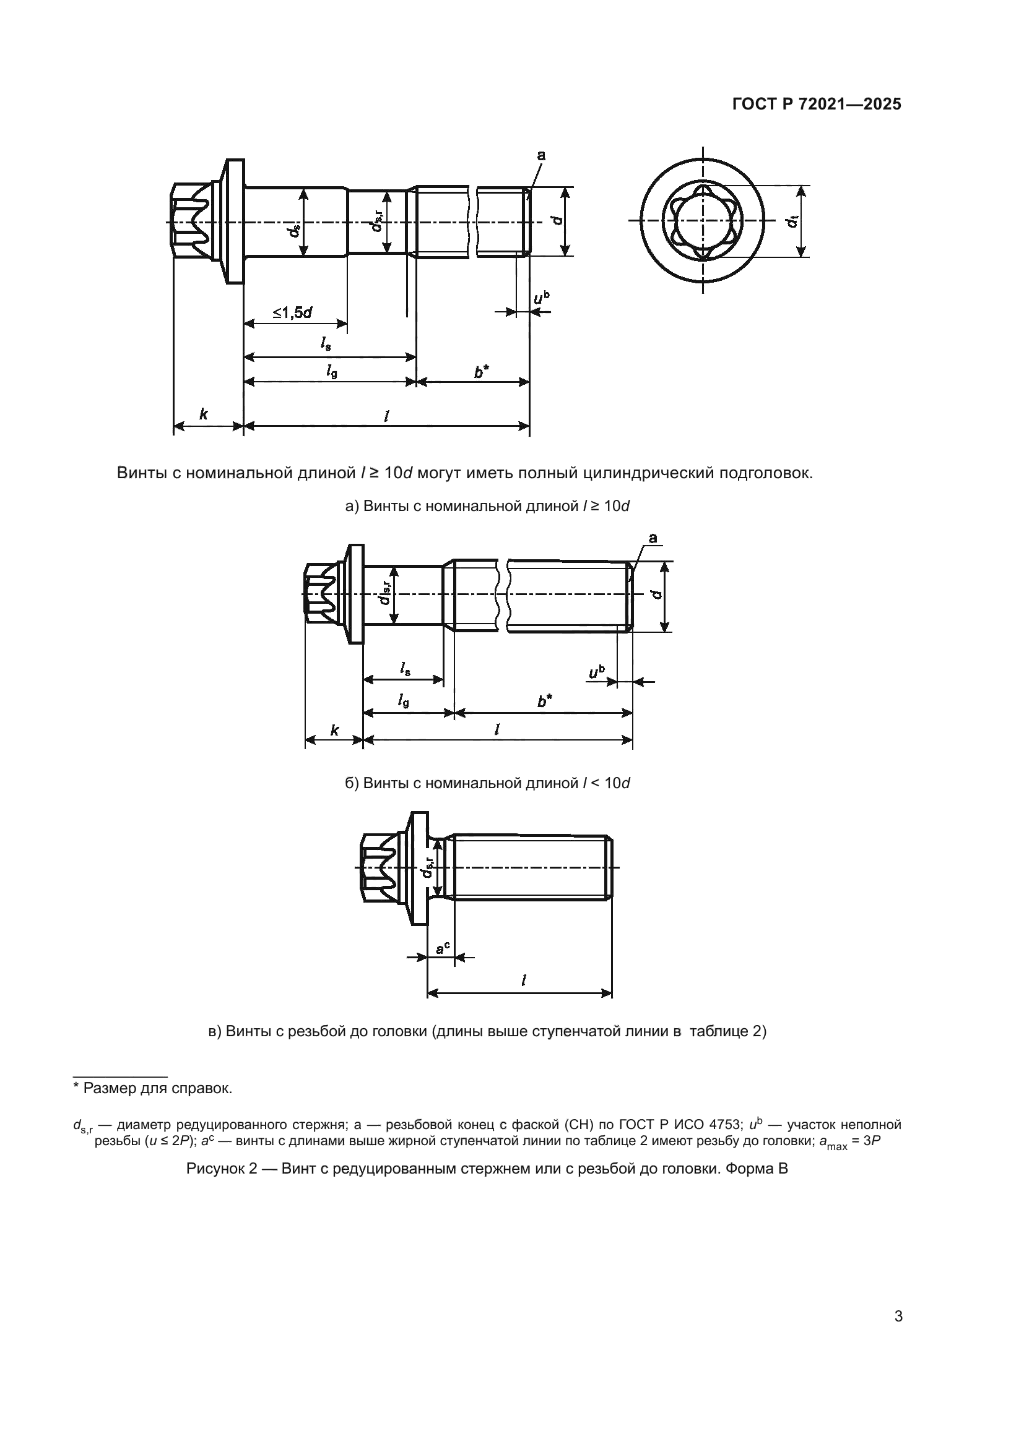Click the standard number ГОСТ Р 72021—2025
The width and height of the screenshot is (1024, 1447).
click(817, 105)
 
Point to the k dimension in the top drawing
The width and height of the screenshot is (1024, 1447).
click(203, 414)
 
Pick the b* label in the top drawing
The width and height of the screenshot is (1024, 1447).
click(481, 373)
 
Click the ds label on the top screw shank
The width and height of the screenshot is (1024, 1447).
click(293, 230)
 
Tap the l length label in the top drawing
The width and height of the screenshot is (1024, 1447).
click(386, 416)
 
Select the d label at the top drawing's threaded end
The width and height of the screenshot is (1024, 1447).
click(556, 220)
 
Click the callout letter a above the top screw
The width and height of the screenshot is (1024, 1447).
click(540, 155)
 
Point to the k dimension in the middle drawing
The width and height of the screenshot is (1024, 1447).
click(334, 731)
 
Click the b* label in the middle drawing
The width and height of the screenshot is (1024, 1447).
click(545, 701)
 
